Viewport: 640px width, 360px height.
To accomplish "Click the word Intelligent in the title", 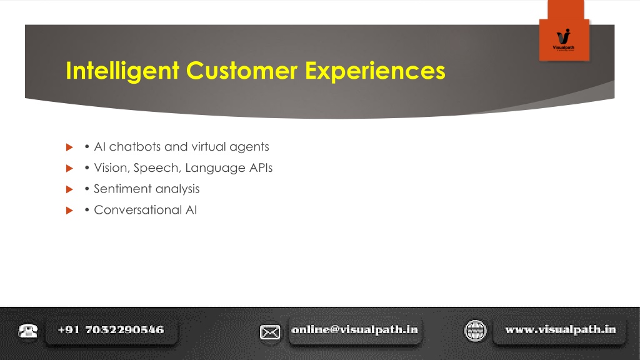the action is coord(122,71).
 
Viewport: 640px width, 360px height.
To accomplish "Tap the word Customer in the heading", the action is coord(242,71).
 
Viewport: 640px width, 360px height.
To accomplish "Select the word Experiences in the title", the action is coord(375,71).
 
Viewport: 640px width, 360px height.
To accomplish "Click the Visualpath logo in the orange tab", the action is coord(564,39).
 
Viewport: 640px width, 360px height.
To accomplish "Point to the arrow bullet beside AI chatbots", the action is coord(69,147).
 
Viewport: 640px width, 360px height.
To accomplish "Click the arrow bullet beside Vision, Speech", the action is coord(69,168).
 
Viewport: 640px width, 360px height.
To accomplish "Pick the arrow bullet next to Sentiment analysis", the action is coord(69,189).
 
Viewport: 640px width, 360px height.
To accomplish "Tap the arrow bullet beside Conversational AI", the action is coord(69,211).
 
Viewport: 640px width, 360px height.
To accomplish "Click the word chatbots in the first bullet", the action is coord(135,146).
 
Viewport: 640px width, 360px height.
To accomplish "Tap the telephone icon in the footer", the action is coord(27,331).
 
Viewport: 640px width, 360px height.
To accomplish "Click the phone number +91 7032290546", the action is coord(111,330).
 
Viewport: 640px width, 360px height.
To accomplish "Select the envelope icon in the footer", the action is coord(270,332).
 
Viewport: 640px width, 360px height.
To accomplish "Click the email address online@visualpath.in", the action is coord(355,330).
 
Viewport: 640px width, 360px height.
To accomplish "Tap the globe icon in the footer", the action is coord(476,331).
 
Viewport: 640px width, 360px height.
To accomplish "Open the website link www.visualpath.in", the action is coord(561,330).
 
